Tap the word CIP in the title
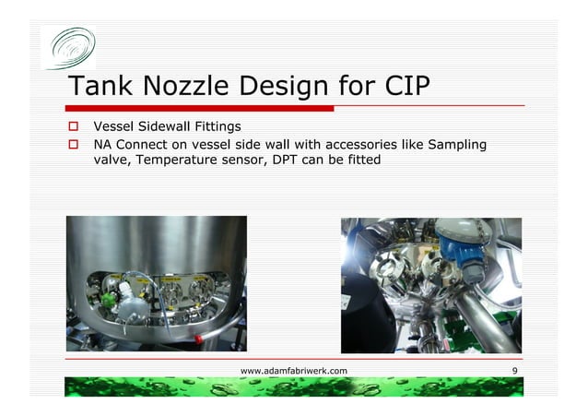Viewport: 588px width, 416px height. tap(402, 87)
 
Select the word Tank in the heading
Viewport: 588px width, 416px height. tap(100, 87)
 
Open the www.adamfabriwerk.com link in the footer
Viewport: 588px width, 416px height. tap(293, 370)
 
